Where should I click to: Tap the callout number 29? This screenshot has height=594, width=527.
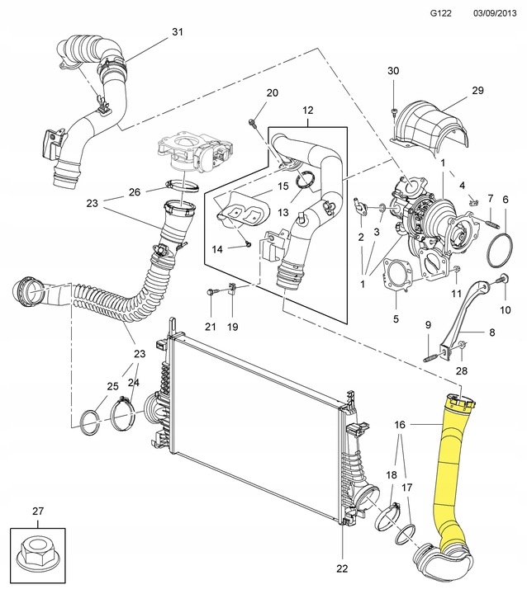pos(477,90)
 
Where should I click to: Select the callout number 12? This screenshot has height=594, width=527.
pos(308,110)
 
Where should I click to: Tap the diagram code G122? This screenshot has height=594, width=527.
pos(442,14)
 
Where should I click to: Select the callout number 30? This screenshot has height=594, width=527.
pos(392,71)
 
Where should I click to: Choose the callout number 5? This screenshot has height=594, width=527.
pos(396,318)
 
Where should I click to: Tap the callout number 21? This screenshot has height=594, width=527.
pos(210,327)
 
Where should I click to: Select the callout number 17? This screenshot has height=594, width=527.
pos(407,488)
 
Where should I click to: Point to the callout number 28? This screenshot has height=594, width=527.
pos(462,370)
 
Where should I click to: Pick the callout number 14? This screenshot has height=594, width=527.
pos(218,248)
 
